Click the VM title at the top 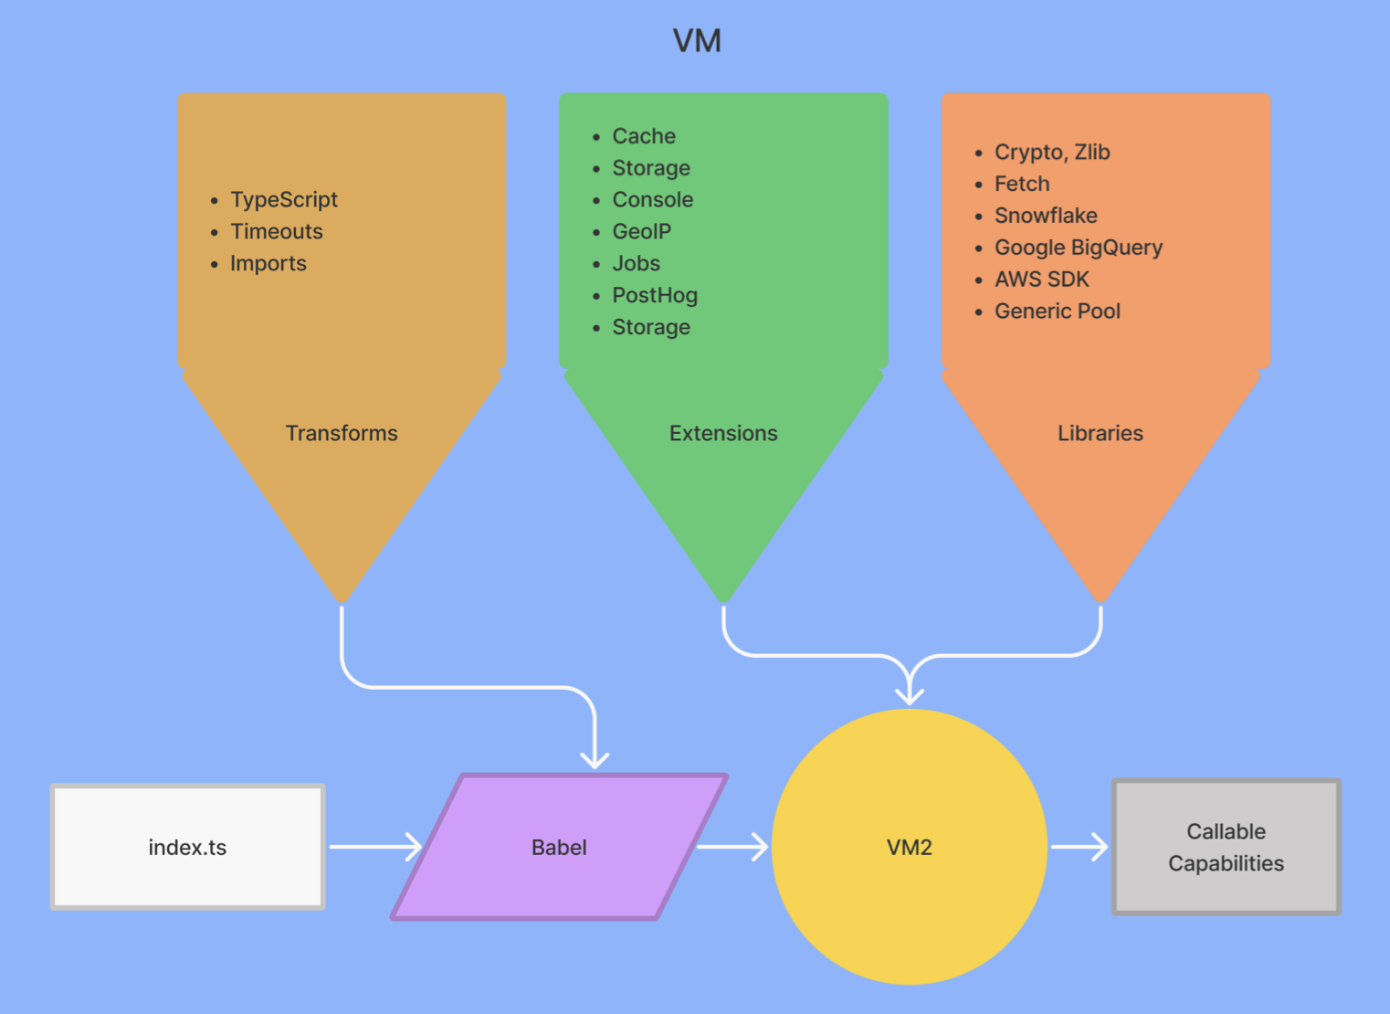pyautogui.click(x=697, y=41)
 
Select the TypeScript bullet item pyautogui.click(x=283, y=199)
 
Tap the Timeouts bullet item pyautogui.click(x=276, y=231)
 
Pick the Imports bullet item pyautogui.click(x=268, y=263)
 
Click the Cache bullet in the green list pyautogui.click(x=643, y=136)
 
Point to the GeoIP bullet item pyautogui.click(x=641, y=231)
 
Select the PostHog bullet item pyautogui.click(x=654, y=295)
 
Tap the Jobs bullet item pyautogui.click(x=636, y=263)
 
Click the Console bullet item pyautogui.click(x=652, y=199)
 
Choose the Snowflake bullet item pyautogui.click(x=1045, y=216)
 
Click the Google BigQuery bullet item pyautogui.click(x=1078, y=248)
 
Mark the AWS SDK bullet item pyautogui.click(x=1041, y=280)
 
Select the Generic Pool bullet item pyautogui.click(x=1057, y=312)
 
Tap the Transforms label pyautogui.click(x=342, y=433)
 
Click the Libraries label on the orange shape pyautogui.click(x=1100, y=433)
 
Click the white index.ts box pyautogui.click(x=187, y=847)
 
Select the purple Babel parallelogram pyautogui.click(x=559, y=847)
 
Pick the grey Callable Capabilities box pyautogui.click(x=1226, y=847)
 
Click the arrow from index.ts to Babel pyautogui.click(x=374, y=847)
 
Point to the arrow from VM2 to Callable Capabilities pyautogui.click(x=1079, y=847)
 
